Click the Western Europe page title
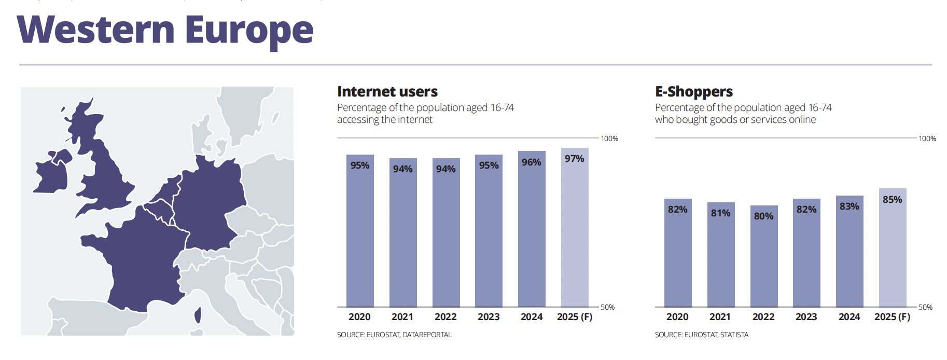tap(165, 30)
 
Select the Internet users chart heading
tap(387, 92)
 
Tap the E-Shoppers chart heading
tap(693, 92)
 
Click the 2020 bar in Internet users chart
tap(360, 233)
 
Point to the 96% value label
tap(532, 162)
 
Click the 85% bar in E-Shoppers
tap(893, 249)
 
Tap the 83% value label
tap(849, 206)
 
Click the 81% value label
tap(721, 213)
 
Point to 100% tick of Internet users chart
tap(609, 139)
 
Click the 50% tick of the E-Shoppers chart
tap(925, 307)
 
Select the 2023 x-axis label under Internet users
tap(489, 317)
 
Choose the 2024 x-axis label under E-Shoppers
tap(849, 317)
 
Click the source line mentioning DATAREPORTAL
tap(394, 335)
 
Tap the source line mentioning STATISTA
tap(701, 335)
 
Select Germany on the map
tap(210, 202)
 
